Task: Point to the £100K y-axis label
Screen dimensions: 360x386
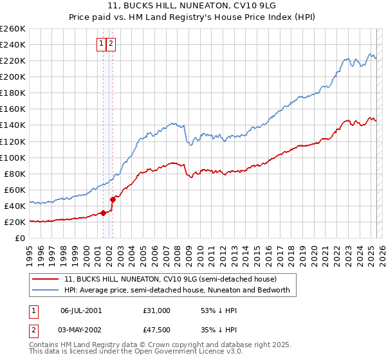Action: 13,157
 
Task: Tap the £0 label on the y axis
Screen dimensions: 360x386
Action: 19,238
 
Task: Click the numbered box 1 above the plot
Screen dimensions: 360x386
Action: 102,44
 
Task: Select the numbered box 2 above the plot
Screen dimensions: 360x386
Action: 111,44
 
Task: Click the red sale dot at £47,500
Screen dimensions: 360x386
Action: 113,199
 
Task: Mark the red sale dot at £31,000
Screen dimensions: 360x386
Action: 103,213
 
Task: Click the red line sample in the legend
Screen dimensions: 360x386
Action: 46,279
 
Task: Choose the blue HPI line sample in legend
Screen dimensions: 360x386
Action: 46,290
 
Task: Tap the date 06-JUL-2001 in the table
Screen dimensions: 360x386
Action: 82,310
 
